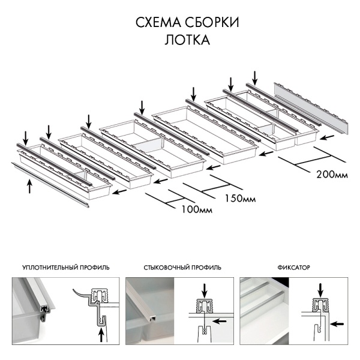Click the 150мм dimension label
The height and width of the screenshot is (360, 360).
238,198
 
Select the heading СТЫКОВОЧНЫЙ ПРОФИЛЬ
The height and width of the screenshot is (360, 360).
183,267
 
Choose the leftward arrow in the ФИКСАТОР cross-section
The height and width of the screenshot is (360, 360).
340,324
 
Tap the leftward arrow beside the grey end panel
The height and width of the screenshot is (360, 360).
325,137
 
